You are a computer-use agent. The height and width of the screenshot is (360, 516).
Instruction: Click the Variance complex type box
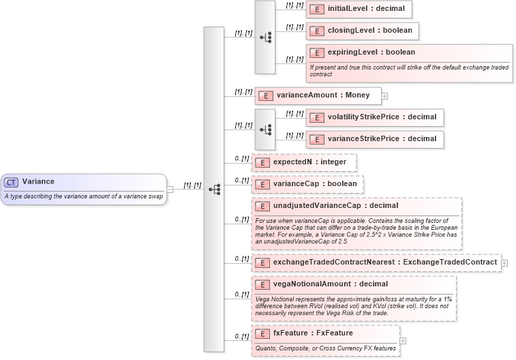coord(83,182)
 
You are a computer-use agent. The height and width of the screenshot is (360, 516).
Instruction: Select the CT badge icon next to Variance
coord(12,182)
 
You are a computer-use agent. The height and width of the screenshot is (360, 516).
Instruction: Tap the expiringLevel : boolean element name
coord(371,52)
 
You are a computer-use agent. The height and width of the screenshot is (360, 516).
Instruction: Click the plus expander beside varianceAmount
coord(384,96)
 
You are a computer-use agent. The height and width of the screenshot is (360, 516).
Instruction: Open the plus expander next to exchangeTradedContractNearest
coord(504,262)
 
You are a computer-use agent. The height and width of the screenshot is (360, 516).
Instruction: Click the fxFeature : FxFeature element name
coord(313,333)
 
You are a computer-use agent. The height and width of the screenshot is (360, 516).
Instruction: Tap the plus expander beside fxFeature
coord(403,340)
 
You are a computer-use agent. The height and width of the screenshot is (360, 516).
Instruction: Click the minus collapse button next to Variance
coord(170,190)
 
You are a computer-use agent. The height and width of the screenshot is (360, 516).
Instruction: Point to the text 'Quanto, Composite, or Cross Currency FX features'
coord(326,348)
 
